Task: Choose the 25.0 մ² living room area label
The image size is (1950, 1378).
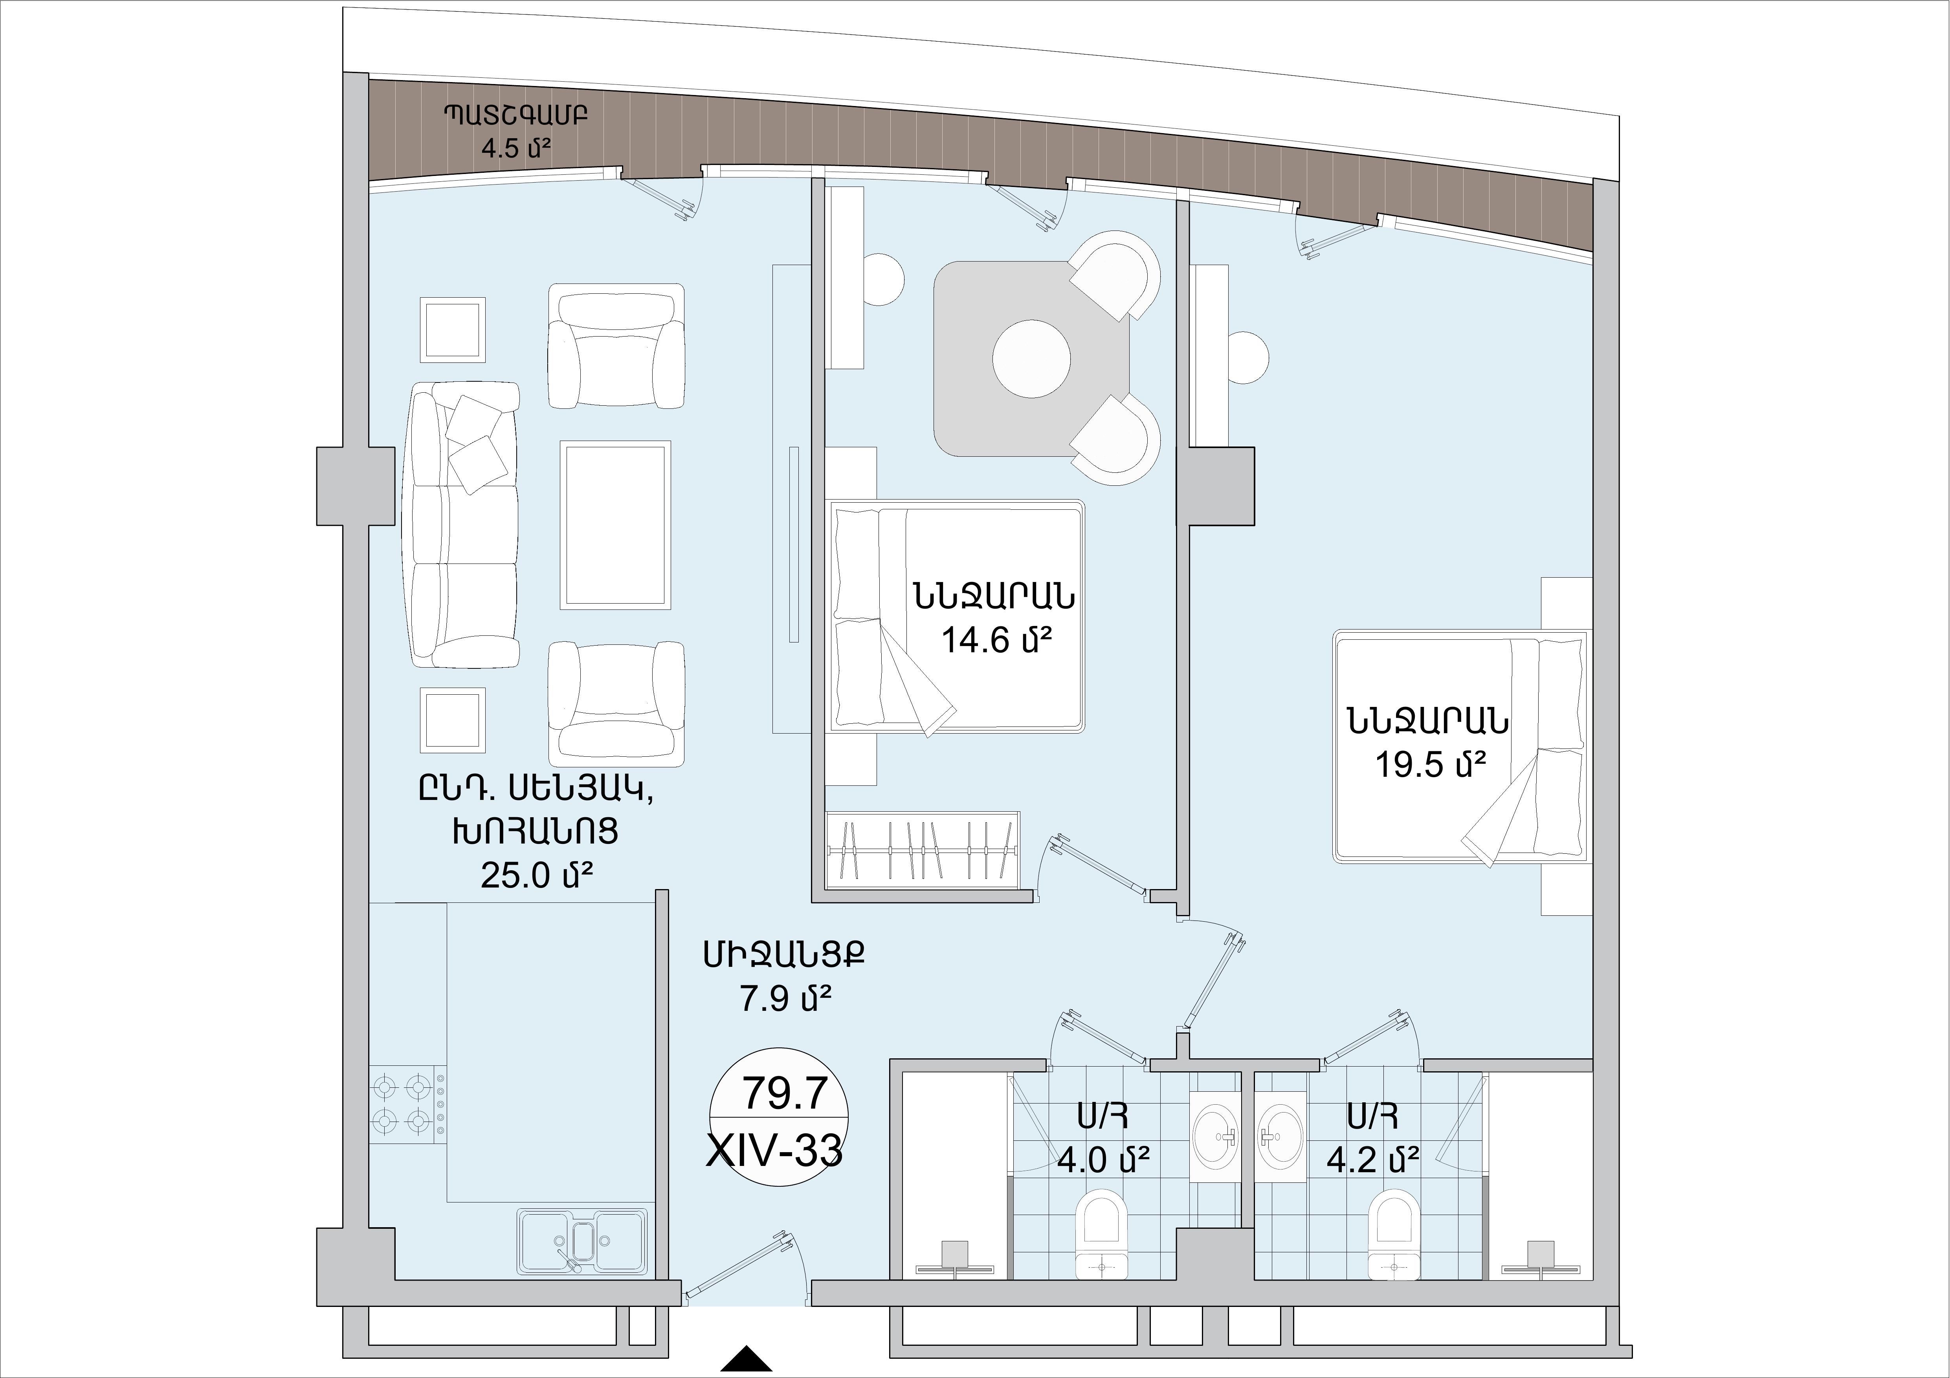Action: click(536, 874)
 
